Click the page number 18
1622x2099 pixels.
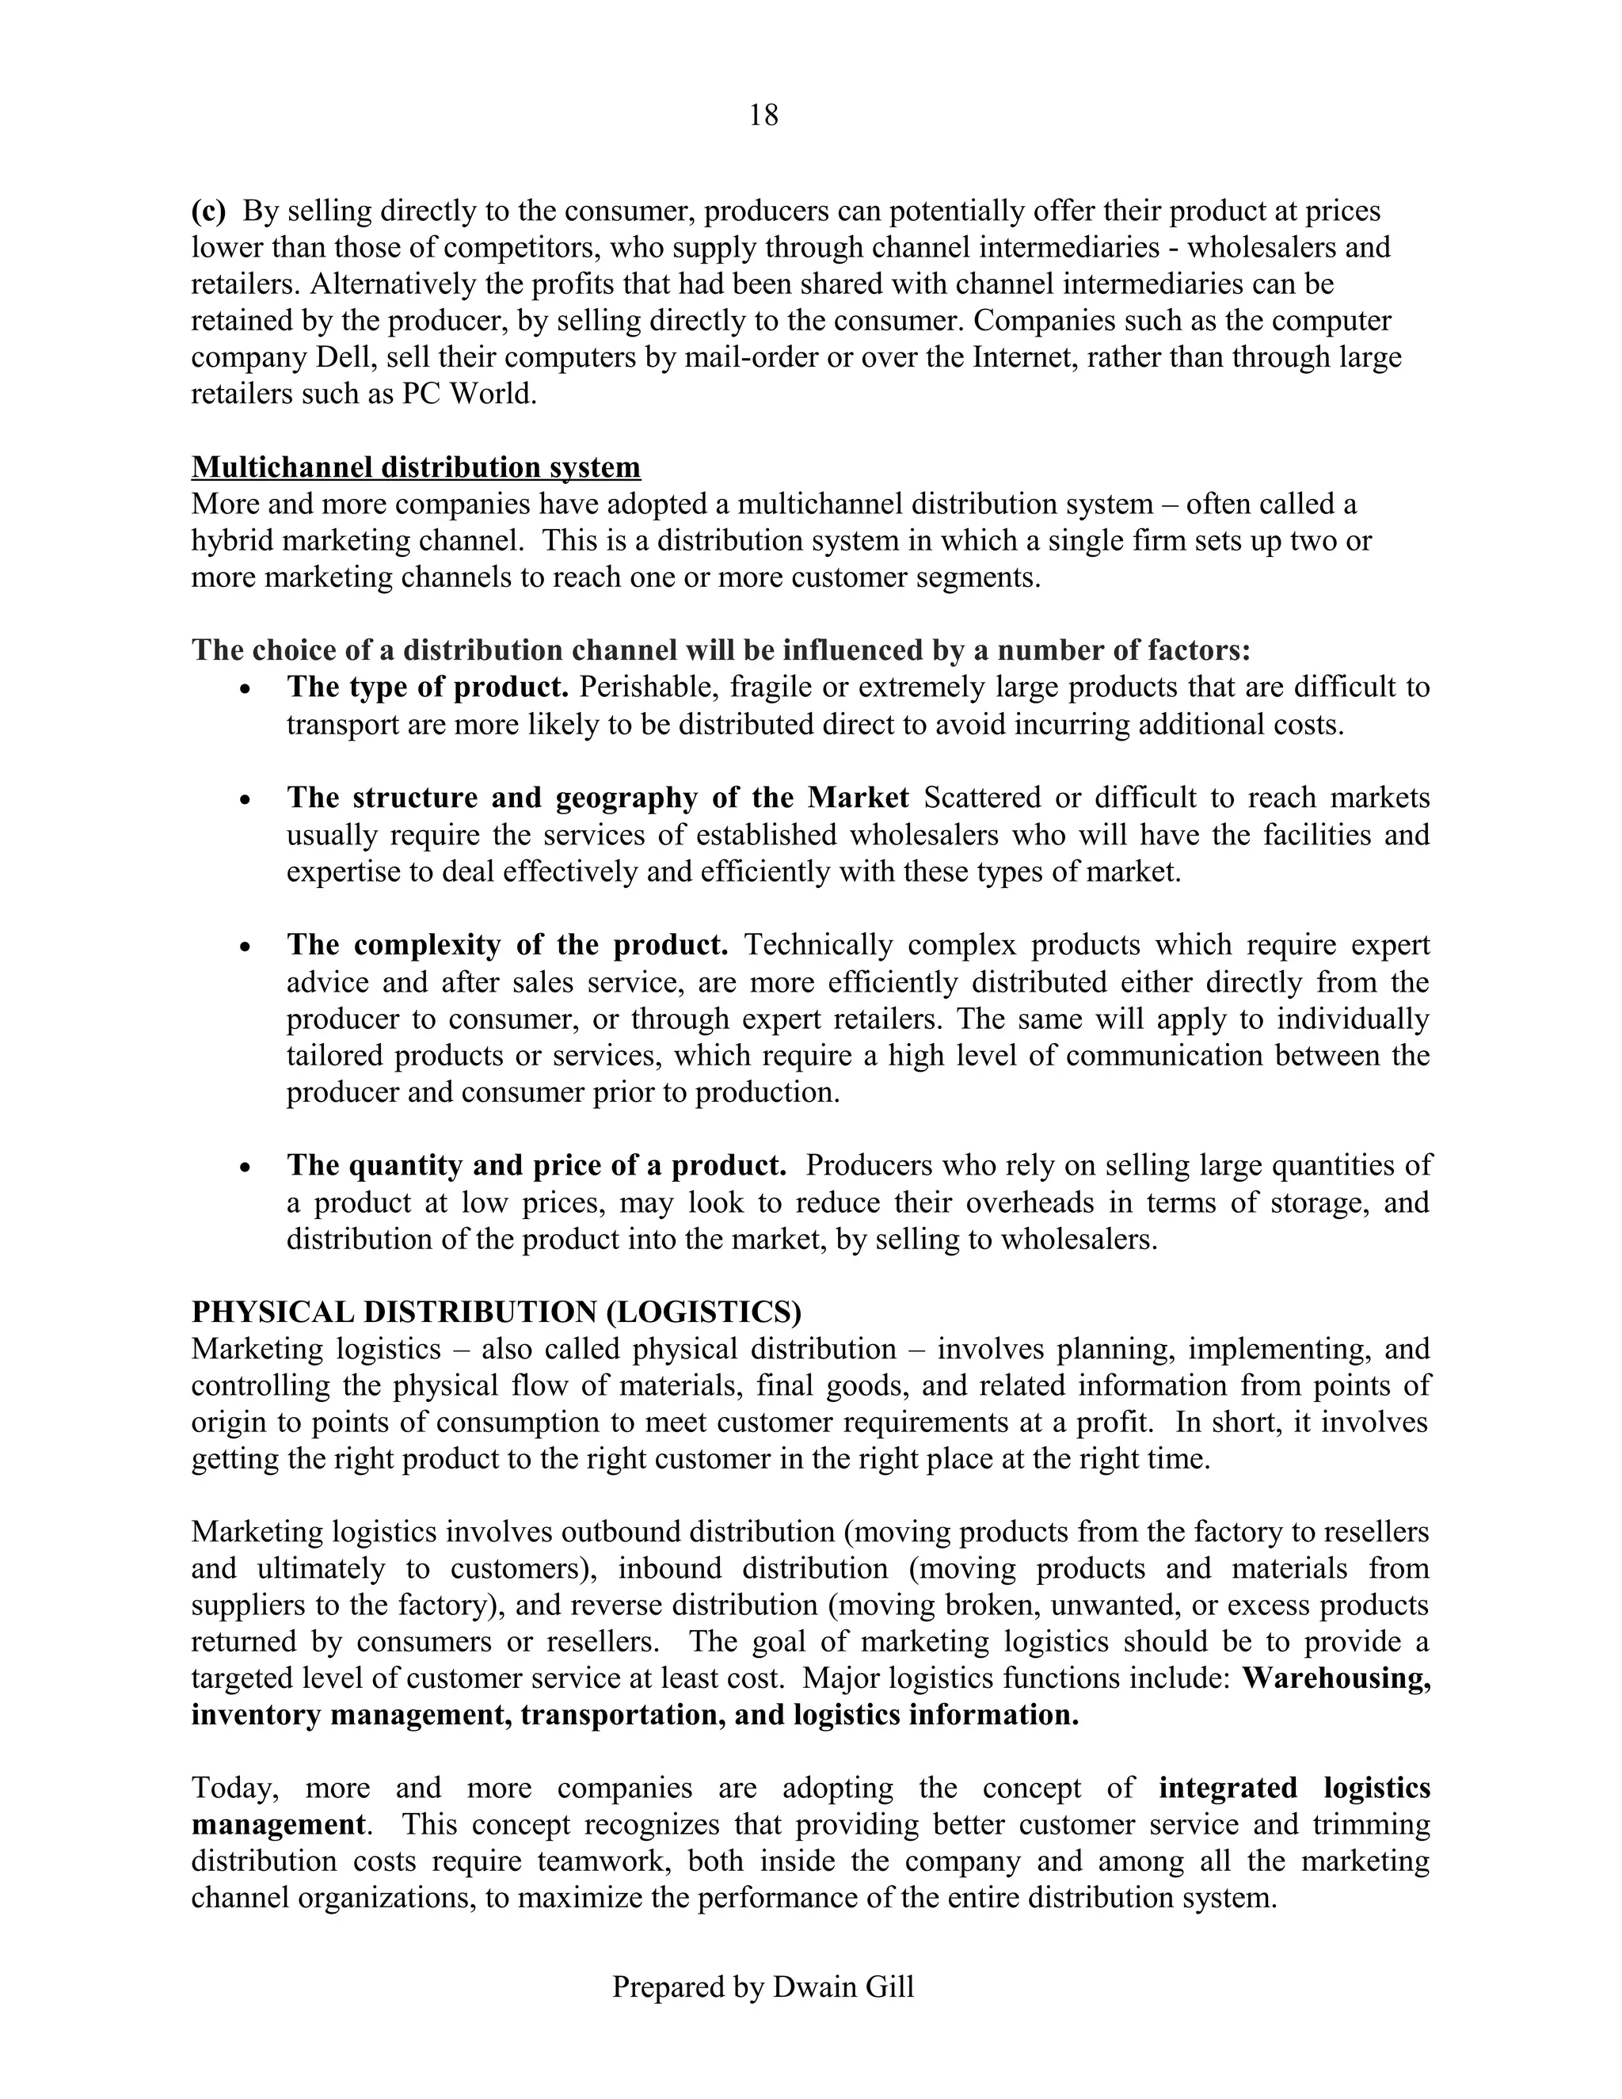pyautogui.click(x=763, y=116)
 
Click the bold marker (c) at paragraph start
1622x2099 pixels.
pyautogui.click(x=208, y=211)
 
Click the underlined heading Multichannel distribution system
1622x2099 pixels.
pyautogui.click(x=415, y=467)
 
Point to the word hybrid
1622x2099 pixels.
pyautogui.click(x=234, y=540)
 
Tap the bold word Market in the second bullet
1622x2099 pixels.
pyautogui.click(x=857, y=798)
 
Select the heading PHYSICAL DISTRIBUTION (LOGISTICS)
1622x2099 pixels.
pyautogui.click(x=496, y=1312)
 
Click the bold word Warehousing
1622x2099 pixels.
pyautogui.click(x=1335, y=1678)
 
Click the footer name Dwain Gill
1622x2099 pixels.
pyautogui.click(x=843, y=1987)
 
